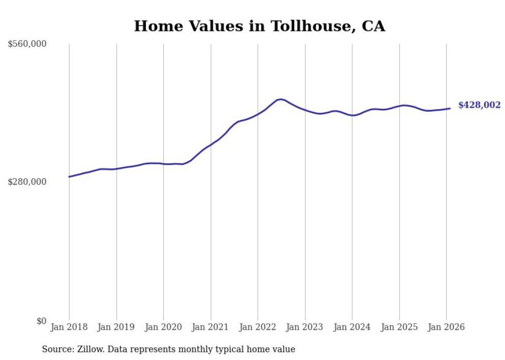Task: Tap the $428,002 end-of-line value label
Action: (479, 105)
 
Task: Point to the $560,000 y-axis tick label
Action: (27, 44)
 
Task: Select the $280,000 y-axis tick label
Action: (27, 182)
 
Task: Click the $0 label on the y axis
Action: (41, 321)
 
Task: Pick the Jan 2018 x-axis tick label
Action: (69, 328)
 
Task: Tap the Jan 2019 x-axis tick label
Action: (116, 328)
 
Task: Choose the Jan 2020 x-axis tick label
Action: (163, 328)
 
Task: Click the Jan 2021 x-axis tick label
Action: (211, 328)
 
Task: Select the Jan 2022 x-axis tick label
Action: (258, 328)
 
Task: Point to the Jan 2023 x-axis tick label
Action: (305, 328)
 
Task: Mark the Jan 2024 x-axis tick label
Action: (352, 328)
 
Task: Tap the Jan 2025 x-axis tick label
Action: (399, 328)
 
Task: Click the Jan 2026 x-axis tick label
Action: (446, 328)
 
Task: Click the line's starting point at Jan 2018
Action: (69, 177)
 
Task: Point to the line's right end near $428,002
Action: (450, 108)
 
